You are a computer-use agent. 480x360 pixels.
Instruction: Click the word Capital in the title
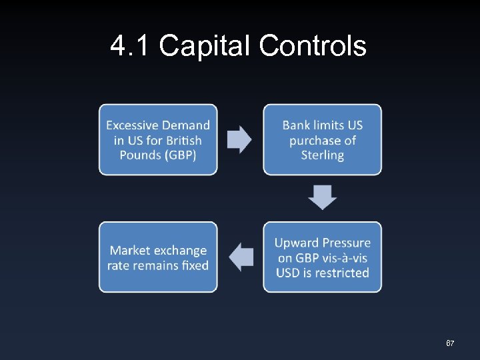[x=204, y=47]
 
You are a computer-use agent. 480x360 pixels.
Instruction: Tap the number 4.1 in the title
[x=131, y=46]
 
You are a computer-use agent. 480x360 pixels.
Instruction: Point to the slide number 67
[x=450, y=343]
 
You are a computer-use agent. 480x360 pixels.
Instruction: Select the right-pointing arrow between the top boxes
[x=240, y=139]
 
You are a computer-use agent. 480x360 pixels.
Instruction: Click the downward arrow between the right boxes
[x=322, y=198]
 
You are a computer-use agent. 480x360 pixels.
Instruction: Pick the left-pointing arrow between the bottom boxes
[x=241, y=257]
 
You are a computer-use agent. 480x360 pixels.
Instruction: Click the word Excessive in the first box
[x=133, y=125]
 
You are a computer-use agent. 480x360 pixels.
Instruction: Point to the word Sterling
[x=322, y=155]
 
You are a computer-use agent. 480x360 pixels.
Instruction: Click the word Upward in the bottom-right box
[x=297, y=243]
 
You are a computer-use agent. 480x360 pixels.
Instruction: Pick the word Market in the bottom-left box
[x=130, y=251]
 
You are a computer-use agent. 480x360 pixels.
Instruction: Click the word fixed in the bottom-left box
[x=195, y=265]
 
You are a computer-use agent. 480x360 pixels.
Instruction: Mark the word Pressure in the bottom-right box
[x=347, y=243]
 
